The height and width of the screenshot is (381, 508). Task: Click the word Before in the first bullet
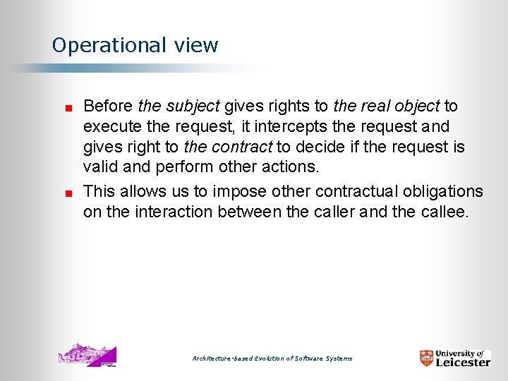[108, 107]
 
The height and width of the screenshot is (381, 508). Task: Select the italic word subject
[193, 107]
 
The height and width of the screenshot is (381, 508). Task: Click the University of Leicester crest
[426, 358]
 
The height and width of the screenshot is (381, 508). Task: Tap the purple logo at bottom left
[87, 356]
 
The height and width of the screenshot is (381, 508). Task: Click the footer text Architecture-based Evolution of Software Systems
[272, 359]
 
